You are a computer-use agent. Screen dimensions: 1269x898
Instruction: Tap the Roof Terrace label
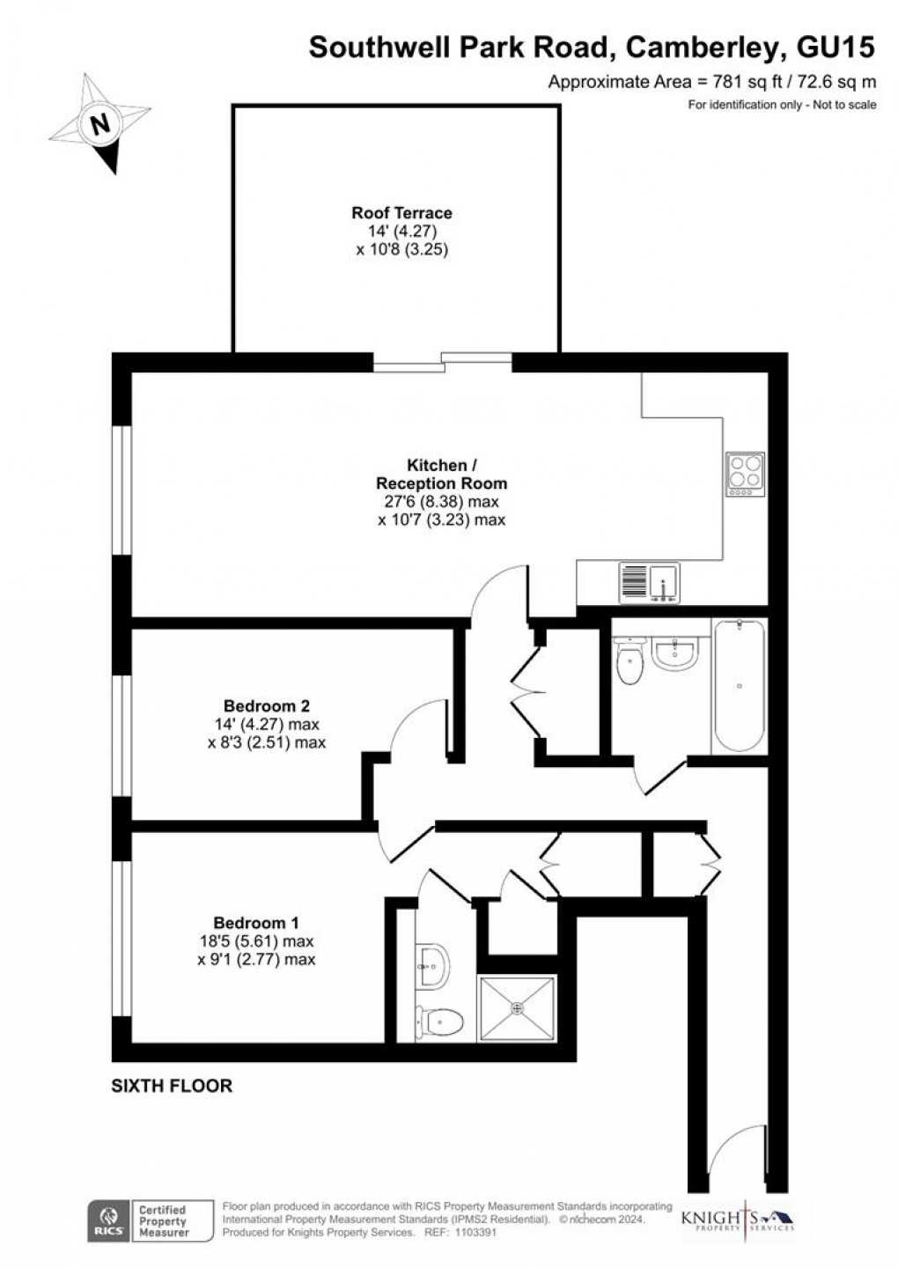pos(401,213)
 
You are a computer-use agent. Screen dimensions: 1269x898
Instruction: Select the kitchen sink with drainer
pos(650,583)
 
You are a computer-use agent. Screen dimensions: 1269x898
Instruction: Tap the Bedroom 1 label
pos(256,923)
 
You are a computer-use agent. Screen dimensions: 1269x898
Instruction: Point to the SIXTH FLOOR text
pos(172,1086)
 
